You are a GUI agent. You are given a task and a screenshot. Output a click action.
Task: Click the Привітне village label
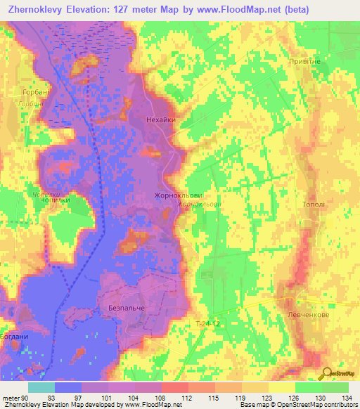click(304, 62)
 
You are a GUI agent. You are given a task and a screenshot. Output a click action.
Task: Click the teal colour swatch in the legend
click(41, 387)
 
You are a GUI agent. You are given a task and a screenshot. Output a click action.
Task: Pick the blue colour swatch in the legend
click(67, 387)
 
